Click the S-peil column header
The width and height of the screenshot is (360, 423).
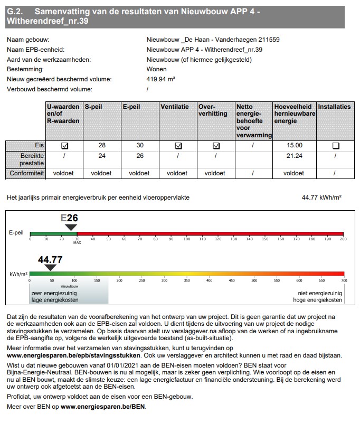coord(93,107)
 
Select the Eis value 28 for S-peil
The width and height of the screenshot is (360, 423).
coord(102,145)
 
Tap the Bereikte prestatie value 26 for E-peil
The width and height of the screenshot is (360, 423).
coord(140,156)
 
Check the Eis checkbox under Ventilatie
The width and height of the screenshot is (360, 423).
coord(178,146)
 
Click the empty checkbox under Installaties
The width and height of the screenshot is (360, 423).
coord(335,146)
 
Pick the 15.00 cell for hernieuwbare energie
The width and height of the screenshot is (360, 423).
coord(295,145)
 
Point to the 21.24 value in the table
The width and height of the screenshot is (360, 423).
coord(295,156)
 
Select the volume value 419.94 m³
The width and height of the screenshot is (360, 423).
coord(160,79)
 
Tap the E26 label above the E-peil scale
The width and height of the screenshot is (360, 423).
coord(69,218)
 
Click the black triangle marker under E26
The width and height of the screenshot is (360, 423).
coord(71,227)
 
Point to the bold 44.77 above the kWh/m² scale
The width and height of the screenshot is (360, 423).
coord(51,259)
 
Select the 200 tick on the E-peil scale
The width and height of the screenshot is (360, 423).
coord(343,239)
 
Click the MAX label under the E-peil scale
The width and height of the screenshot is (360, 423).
coord(77,243)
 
